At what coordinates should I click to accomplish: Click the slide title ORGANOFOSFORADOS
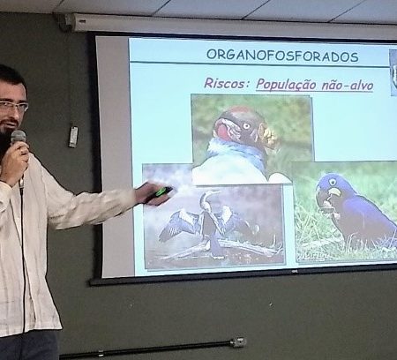point(282,56)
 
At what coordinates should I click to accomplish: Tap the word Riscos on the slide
point(224,83)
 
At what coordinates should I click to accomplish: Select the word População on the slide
point(286,85)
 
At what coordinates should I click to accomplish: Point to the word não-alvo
point(348,85)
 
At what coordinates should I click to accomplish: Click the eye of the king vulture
point(246,126)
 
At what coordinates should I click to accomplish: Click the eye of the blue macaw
point(333,182)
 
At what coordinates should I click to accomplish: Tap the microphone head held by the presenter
point(19,138)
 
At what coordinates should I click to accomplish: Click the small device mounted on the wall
point(73,137)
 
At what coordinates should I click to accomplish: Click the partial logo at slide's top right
point(393,72)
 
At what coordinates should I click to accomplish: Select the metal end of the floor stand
point(237,341)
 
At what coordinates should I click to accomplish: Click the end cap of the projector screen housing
point(65,21)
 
